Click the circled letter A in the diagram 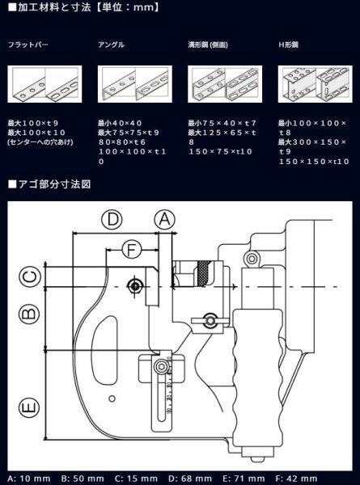pyautogui.click(x=164, y=218)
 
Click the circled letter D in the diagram pyautogui.click(x=113, y=218)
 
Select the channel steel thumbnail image pyautogui.click(x=220, y=83)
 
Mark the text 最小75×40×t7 pyautogui.click(x=222, y=123)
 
